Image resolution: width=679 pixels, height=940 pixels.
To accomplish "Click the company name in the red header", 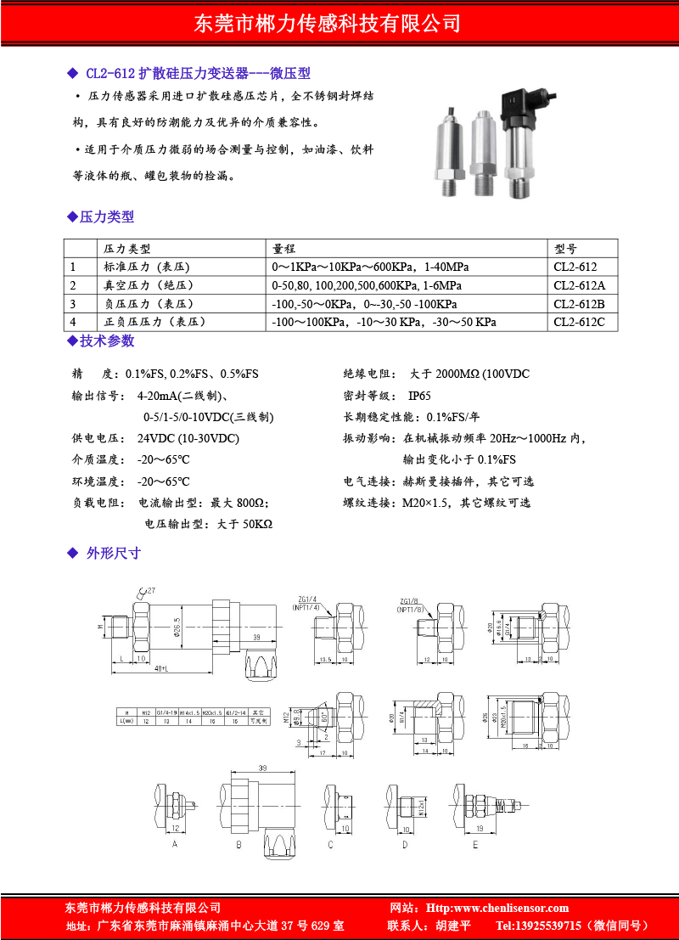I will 339,23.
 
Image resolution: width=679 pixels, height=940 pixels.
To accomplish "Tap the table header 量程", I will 283,249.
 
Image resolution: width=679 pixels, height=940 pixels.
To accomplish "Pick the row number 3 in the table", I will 73,304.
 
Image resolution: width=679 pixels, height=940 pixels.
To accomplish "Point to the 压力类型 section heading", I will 106,217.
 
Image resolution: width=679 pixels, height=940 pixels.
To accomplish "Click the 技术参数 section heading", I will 106,341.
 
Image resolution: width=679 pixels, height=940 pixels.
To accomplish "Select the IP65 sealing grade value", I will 419,396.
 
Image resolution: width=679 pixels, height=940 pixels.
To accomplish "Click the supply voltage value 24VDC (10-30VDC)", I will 188,438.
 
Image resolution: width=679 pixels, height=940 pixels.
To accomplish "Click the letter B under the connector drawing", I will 239,845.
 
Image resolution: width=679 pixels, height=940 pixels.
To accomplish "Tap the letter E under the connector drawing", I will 474,845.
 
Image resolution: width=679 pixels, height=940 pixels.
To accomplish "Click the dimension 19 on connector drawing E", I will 480,828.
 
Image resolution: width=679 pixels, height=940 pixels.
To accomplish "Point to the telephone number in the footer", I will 573,926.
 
